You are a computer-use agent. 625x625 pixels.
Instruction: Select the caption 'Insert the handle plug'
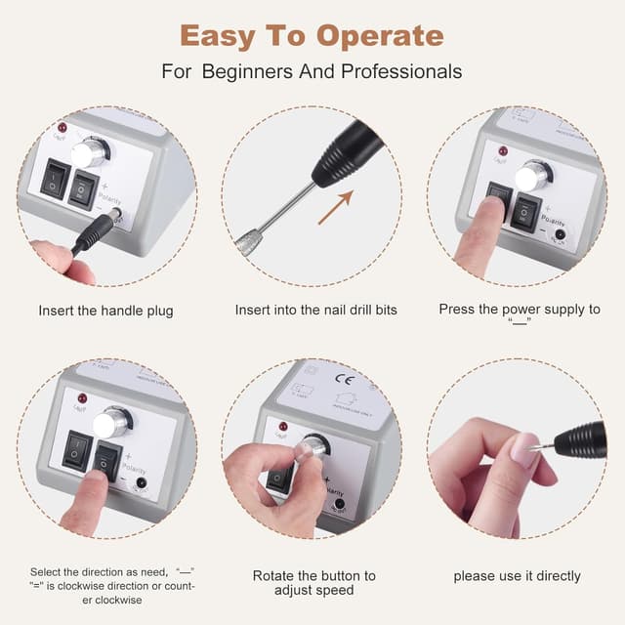(105, 311)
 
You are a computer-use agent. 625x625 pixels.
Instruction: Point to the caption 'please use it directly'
(517, 576)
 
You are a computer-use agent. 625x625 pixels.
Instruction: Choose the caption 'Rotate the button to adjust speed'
(313, 583)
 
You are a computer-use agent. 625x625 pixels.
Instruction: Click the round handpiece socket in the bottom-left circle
(142, 482)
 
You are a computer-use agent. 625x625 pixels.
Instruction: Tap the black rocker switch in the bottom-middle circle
(278, 478)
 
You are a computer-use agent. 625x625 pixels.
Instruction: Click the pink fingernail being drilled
(523, 451)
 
